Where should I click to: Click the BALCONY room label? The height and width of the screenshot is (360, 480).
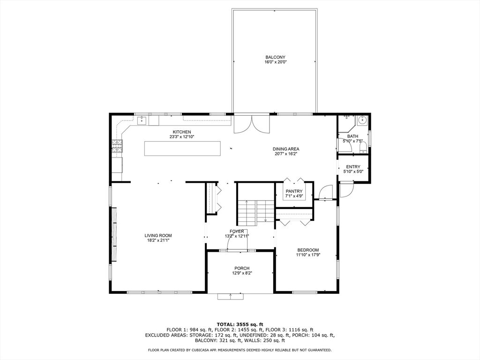pos(275,57)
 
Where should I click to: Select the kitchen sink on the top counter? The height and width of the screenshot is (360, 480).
pos(142,121)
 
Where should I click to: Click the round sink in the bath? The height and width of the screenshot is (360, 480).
pos(361,120)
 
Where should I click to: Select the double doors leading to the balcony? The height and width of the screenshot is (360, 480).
pos(253,124)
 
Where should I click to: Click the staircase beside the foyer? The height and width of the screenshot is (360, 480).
pos(255,211)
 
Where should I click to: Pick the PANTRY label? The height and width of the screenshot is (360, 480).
pos(294,191)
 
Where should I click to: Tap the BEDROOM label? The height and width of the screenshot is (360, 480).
pos(307,250)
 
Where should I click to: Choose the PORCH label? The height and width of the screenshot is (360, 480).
pos(242,268)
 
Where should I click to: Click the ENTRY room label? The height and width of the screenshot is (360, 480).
pos(353,167)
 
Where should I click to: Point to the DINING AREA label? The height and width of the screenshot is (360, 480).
pos(286,149)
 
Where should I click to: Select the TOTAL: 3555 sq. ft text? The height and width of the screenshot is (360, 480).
pos(240,324)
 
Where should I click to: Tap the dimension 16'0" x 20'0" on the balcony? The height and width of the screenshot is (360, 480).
pos(275,62)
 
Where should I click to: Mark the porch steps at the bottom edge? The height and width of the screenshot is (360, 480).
pos(231,296)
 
